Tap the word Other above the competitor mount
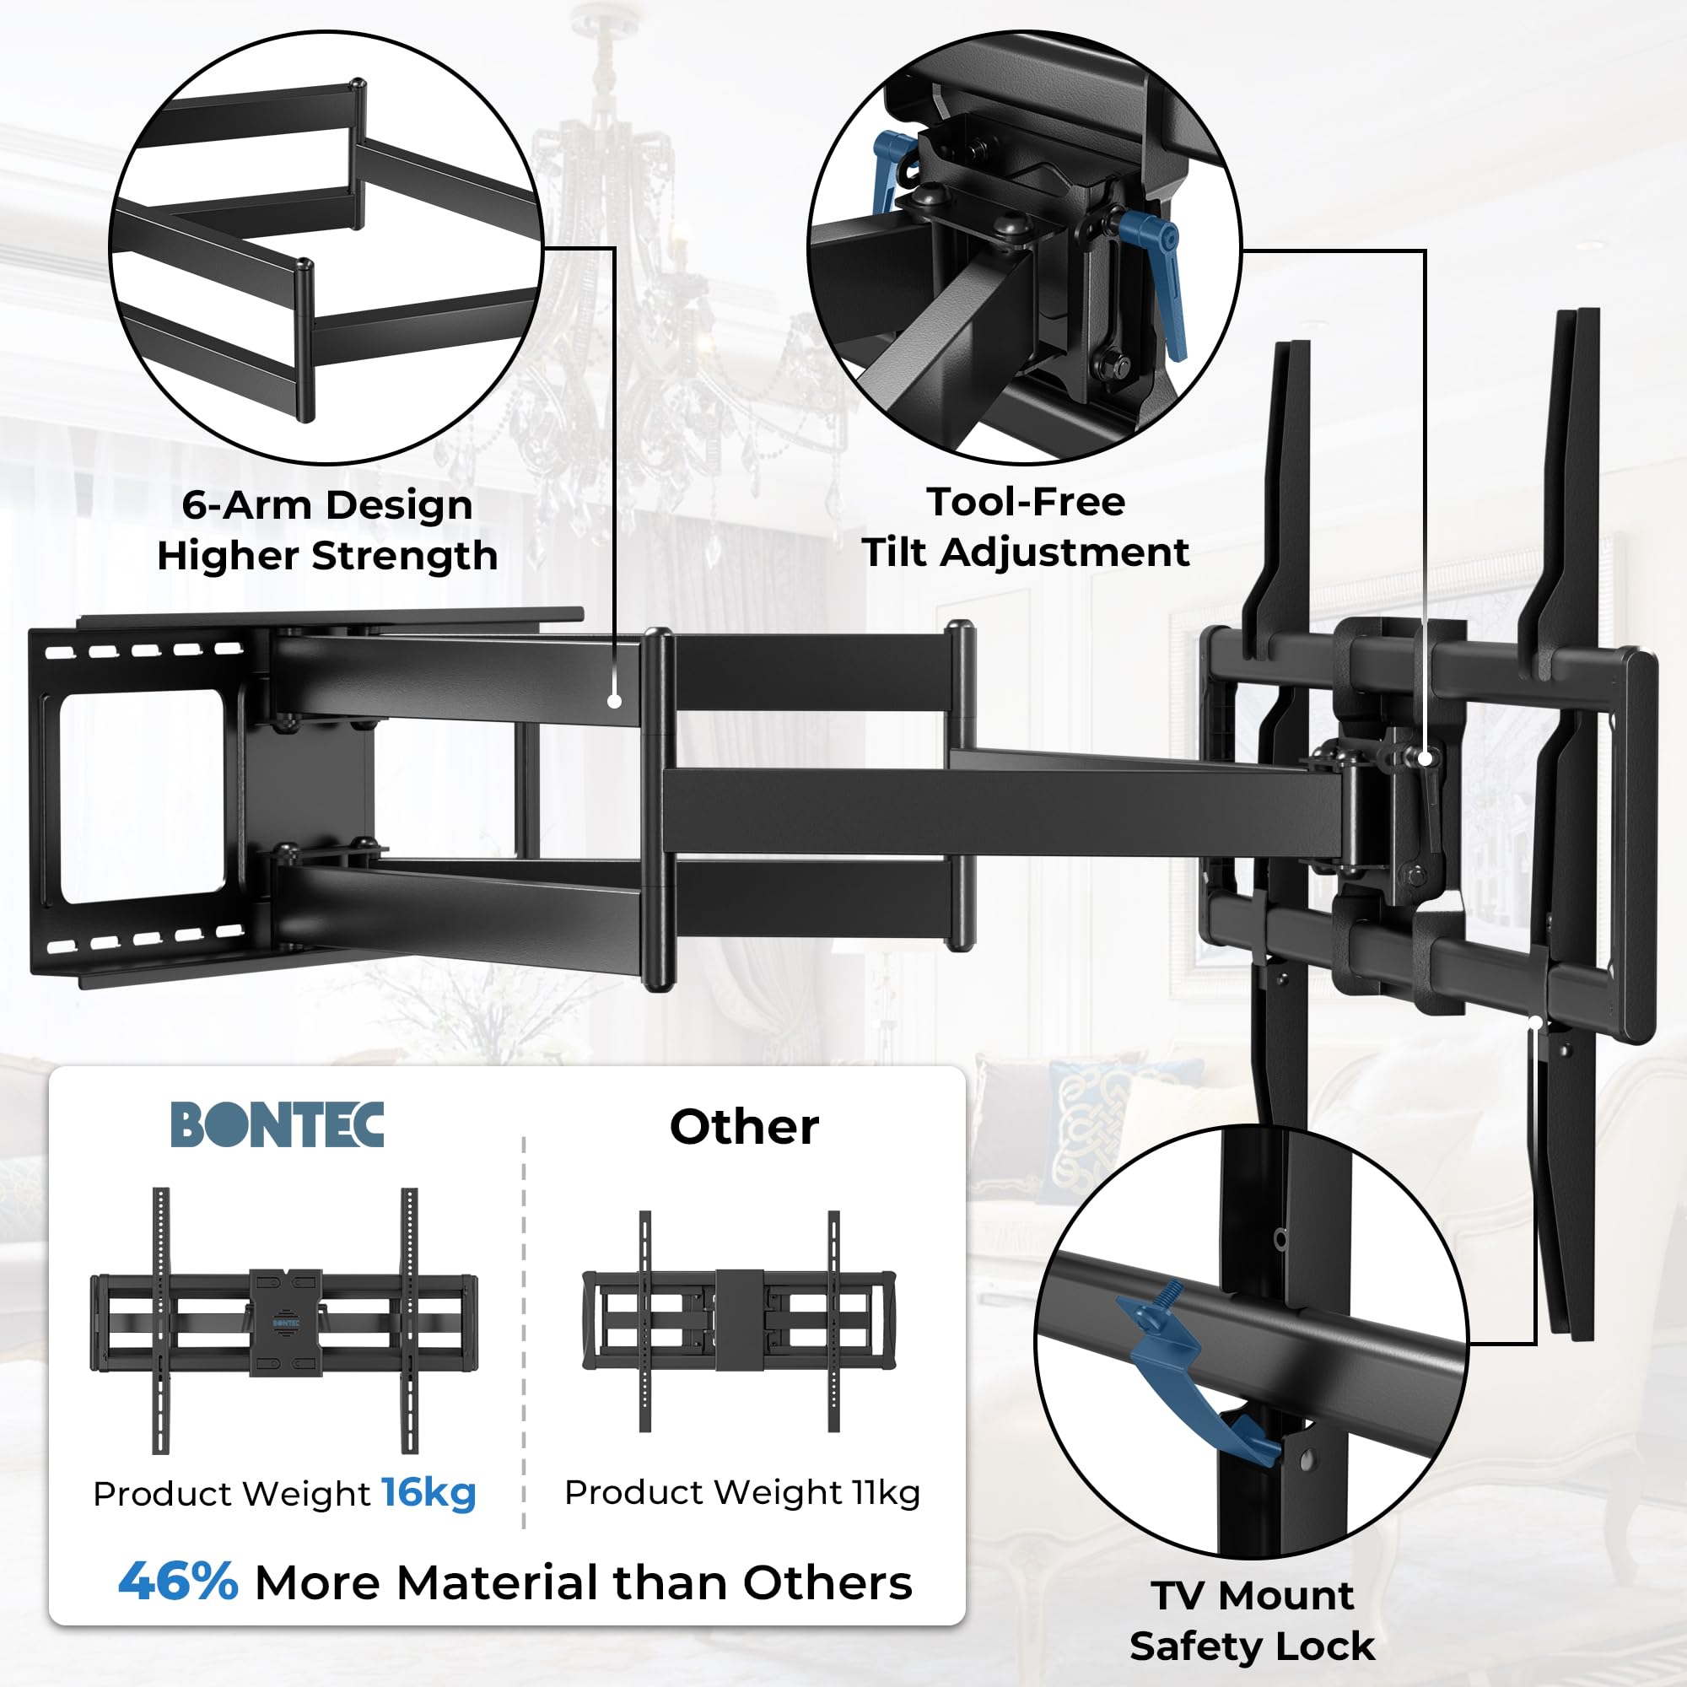[x=744, y=1126]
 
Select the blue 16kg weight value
[x=428, y=1492]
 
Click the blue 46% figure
[x=178, y=1582]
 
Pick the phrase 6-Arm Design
[x=327, y=504]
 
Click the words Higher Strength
[x=327, y=555]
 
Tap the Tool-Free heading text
[x=1026, y=501]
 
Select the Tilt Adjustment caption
[x=1026, y=552]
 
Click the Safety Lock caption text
[x=1252, y=1646]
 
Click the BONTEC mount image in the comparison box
[x=283, y=1323]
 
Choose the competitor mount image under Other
[x=739, y=1320]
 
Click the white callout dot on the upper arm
[x=615, y=701]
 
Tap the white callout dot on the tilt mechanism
[x=1426, y=759]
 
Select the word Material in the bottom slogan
[x=498, y=1582]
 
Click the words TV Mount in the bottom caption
[x=1252, y=1595]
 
